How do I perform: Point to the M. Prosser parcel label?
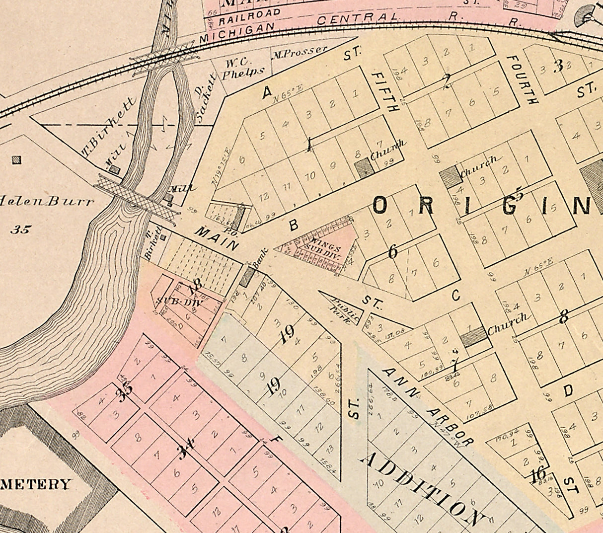(x=300, y=50)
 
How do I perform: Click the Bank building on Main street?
(x=247, y=277)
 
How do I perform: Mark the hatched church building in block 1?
(x=364, y=168)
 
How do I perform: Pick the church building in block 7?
(x=473, y=336)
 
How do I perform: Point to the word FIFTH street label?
(x=385, y=91)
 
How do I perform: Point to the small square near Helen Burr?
(x=17, y=160)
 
